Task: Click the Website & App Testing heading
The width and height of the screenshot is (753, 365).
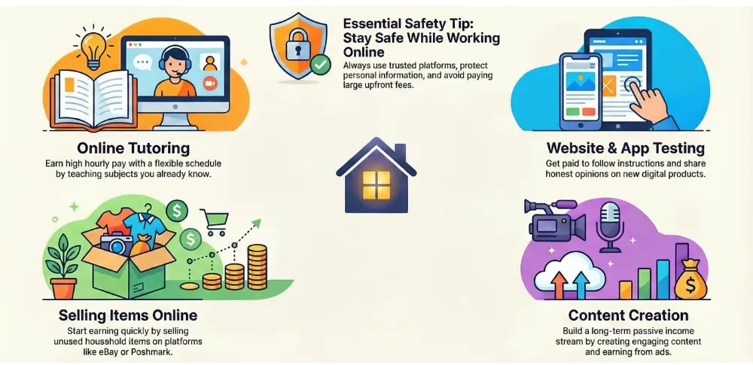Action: [x=624, y=148]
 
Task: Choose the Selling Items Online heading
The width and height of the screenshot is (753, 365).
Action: [x=128, y=314]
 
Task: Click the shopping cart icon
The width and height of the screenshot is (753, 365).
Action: [x=216, y=218]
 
